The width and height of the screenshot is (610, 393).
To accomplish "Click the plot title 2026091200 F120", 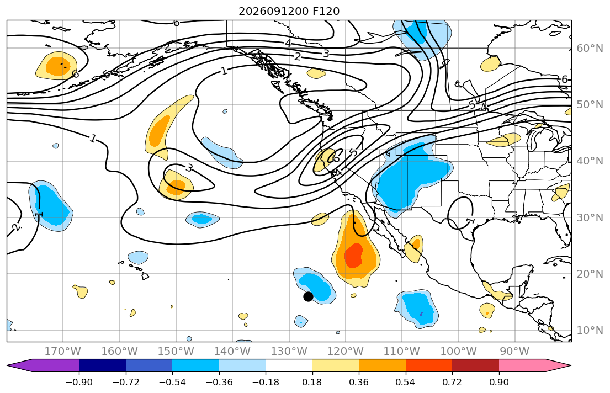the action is pyautogui.click(x=289, y=11).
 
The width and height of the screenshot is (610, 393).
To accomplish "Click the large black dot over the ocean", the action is pyautogui.click(x=308, y=296).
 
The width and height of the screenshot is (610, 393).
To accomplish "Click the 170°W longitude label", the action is pyautogui.click(x=63, y=352).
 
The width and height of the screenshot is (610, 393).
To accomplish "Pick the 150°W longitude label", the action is pyautogui.click(x=176, y=352).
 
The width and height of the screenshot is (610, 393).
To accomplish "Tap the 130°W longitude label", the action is pyautogui.click(x=289, y=352).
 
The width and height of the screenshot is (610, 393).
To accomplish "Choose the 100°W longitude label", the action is pyautogui.click(x=458, y=352).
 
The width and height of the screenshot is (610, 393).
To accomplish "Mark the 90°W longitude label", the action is pyautogui.click(x=514, y=352).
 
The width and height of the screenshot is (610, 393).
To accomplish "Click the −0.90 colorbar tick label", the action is pyautogui.click(x=79, y=383).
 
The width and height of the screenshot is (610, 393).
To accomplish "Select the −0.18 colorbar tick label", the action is pyautogui.click(x=266, y=383).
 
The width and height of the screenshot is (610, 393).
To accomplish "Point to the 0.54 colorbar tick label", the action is pyautogui.click(x=405, y=383).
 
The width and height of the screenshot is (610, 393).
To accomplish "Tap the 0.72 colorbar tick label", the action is pyautogui.click(x=452, y=383).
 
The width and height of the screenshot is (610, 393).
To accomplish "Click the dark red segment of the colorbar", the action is pyautogui.click(x=475, y=366).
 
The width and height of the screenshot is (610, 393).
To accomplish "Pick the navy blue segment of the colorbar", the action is pyautogui.click(x=102, y=366).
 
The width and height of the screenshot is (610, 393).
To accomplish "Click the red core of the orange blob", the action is pyautogui.click(x=354, y=256).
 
